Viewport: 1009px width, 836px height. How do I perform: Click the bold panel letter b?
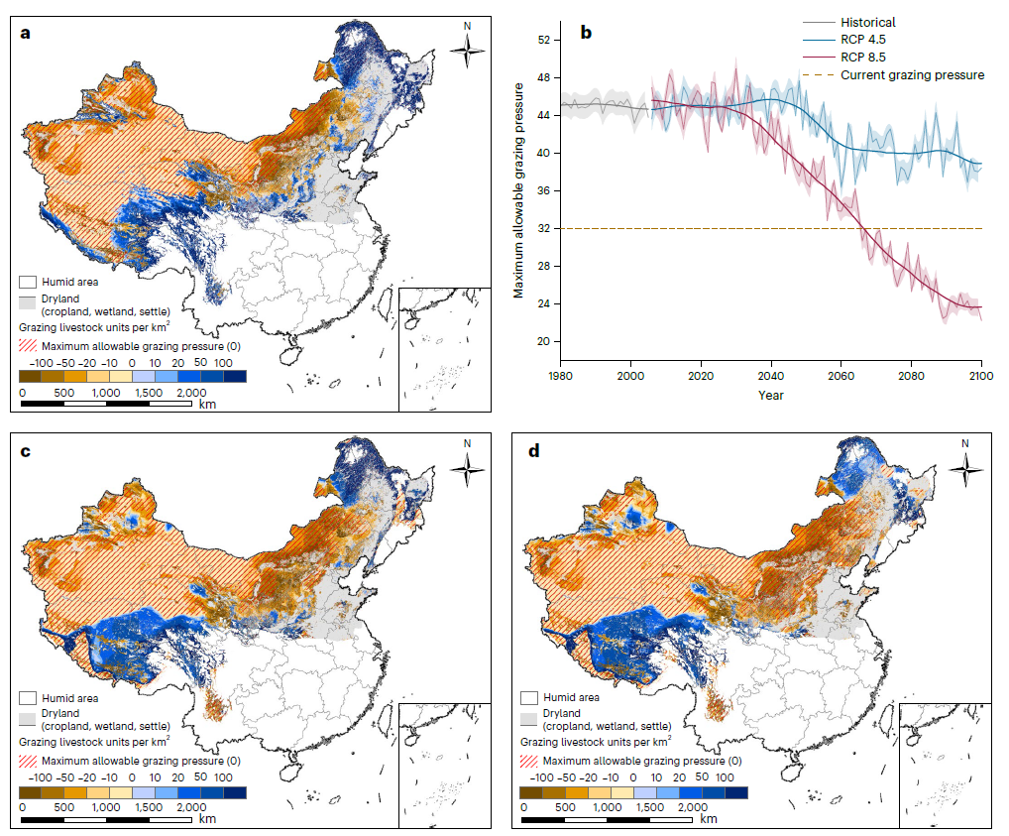[586, 33]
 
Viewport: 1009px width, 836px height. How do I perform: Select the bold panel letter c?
[26, 452]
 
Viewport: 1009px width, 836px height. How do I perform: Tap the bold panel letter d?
[535, 452]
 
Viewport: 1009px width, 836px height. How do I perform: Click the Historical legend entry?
[869, 22]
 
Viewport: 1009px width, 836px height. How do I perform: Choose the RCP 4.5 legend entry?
[865, 40]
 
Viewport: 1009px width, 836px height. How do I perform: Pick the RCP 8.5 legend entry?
[865, 58]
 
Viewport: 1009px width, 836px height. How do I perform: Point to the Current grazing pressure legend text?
[912, 74]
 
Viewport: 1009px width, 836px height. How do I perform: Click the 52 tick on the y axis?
[542, 41]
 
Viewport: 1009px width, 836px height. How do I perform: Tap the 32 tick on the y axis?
[542, 229]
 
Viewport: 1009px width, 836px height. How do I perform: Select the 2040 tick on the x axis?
[771, 376]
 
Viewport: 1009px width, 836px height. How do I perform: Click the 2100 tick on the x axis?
[980, 376]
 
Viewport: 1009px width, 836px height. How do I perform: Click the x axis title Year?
[770, 394]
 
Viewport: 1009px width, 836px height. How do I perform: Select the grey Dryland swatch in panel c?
[29, 713]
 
